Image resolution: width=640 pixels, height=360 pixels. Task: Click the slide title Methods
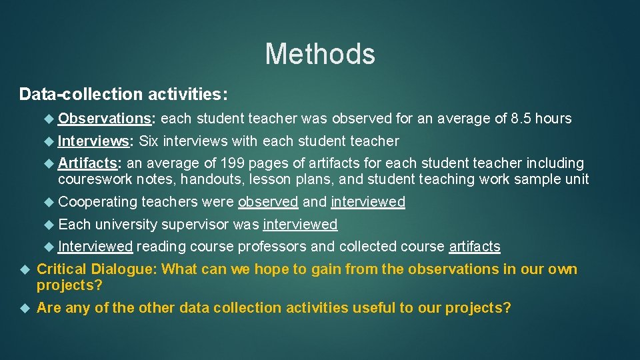tap(320, 53)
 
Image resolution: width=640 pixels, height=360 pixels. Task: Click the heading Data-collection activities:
tap(123, 94)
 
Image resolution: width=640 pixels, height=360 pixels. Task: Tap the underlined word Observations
tap(105, 119)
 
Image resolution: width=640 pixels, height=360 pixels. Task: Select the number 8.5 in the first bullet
tap(521, 119)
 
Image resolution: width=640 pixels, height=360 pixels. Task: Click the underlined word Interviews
tap(95, 141)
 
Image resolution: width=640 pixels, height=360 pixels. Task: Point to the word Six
tap(149, 141)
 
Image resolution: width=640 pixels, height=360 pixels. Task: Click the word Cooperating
tap(97, 202)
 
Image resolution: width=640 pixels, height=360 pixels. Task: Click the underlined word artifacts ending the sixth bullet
tap(475, 246)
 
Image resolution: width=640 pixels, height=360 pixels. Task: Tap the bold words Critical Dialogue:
tap(97, 269)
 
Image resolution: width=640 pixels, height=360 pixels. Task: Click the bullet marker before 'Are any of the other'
tap(25, 308)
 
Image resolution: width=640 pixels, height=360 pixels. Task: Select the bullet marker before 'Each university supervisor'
tap(48, 224)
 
